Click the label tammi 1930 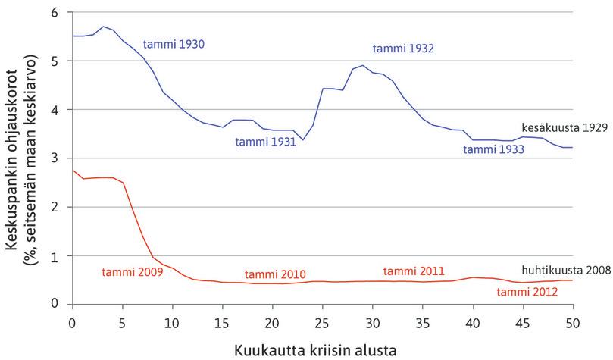pyautogui.click(x=174, y=44)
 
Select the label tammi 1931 pyautogui.click(x=265, y=142)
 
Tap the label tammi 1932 pyautogui.click(x=402, y=49)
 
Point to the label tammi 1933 pyautogui.click(x=494, y=150)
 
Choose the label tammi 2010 pyautogui.click(x=275, y=274)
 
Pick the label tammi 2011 pyautogui.click(x=414, y=271)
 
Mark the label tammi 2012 pyautogui.click(x=527, y=290)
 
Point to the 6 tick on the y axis pyautogui.click(x=54, y=13)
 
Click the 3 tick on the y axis pyautogui.click(x=54, y=158)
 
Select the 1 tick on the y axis pyautogui.click(x=54, y=255)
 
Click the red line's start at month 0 pyautogui.click(x=73, y=171)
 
